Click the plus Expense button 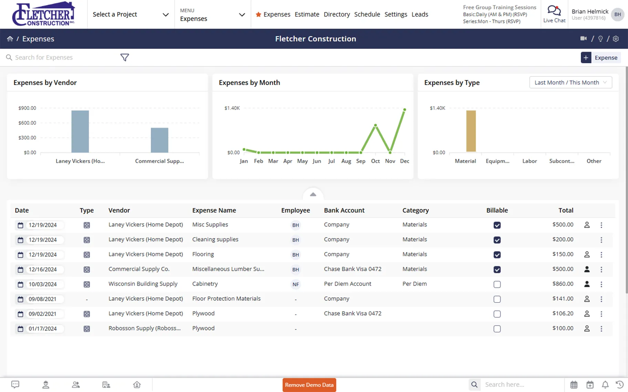coord(600,57)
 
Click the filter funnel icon coord(125,57)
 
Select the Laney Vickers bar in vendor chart coord(80,131)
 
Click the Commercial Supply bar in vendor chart coord(159,140)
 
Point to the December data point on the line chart coord(405,109)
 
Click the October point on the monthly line coord(375,125)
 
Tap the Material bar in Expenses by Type coord(471,131)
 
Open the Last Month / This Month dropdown coord(570,83)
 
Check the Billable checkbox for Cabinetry coord(497,284)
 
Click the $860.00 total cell coord(563,284)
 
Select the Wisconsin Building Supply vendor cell coord(143,284)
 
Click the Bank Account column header coord(344,210)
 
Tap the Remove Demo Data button coord(309,385)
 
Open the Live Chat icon coord(554,14)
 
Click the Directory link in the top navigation coord(337,14)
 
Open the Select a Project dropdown coord(131,14)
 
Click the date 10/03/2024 coord(43,284)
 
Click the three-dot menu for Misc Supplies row coord(601,225)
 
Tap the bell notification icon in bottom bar coord(605,385)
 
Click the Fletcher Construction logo coord(43,14)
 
